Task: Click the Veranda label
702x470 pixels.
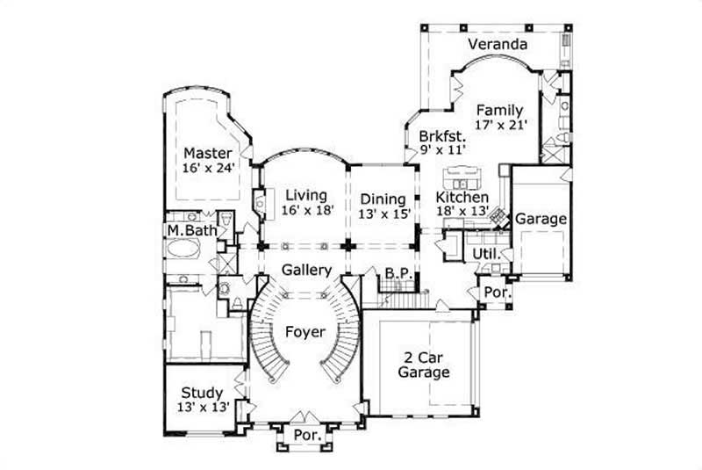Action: (498, 44)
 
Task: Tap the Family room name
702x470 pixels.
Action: (500, 111)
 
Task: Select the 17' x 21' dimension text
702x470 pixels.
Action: (500, 126)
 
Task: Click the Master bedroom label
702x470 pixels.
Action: (208, 153)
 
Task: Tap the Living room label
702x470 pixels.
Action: (299, 195)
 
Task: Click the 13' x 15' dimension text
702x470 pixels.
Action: (383, 213)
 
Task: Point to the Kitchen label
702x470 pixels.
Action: (462, 199)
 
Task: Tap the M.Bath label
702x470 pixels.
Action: (192, 231)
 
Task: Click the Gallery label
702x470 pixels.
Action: (305, 270)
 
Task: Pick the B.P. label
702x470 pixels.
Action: (399, 275)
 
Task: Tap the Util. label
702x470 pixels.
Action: (486, 254)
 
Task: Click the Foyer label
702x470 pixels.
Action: (305, 332)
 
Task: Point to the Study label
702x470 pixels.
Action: (202, 393)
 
